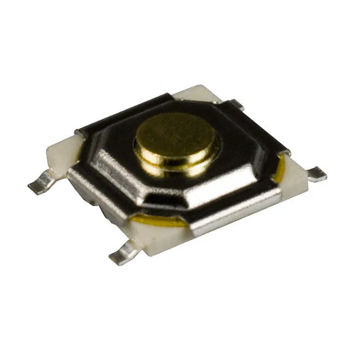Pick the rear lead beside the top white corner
(x=236, y=103)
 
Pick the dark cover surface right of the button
(x=247, y=149)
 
